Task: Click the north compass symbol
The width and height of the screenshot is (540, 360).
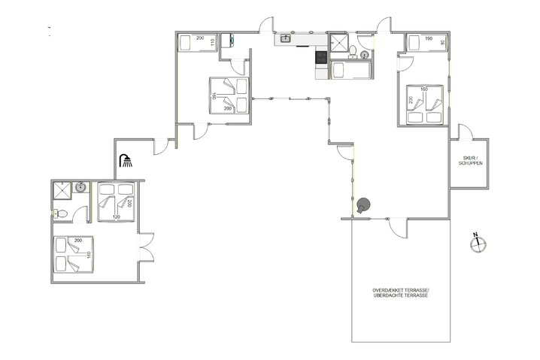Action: click(475, 244)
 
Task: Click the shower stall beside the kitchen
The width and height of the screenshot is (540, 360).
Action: click(338, 41)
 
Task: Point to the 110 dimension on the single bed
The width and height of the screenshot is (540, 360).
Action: click(214, 41)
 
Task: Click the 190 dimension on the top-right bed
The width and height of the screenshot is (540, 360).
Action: click(428, 38)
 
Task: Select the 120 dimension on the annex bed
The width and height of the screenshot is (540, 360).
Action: click(116, 217)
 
